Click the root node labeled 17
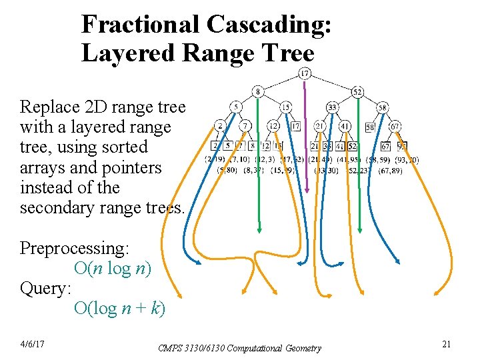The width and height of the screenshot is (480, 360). pyautogui.click(x=305, y=73)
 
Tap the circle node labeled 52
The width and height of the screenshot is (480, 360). pyautogui.click(x=357, y=91)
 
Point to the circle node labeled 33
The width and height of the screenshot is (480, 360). pyautogui.click(x=332, y=107)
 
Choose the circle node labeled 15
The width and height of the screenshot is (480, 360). pyautogui.click(x=285, y=107)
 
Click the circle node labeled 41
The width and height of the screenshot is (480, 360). pyautogui.click(x=345, y=125)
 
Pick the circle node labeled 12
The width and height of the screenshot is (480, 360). pyautogui.click(x=273, y=125)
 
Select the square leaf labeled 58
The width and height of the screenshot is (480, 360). pyautogui.click(x=371, y=126)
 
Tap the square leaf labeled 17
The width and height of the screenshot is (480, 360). pyautogui.click(x=295, y=125)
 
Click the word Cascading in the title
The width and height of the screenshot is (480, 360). pyautogui.click(x=269, y=25)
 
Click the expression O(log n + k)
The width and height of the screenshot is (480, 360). pyautogui.click(x=120, y=309)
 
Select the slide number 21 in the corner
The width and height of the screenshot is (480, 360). pyautogui.click(x=447, y=343)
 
